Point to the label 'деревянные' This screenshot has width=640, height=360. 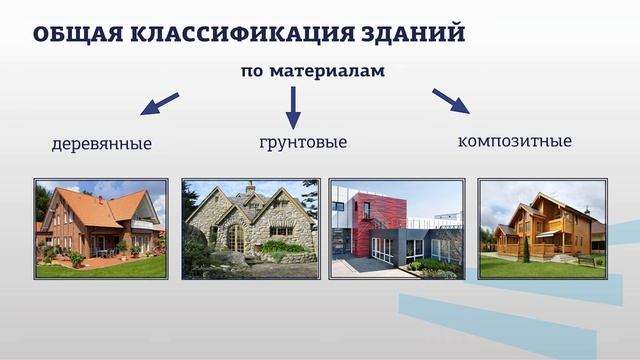[101, 144]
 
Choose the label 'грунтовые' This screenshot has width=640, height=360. [303, 143]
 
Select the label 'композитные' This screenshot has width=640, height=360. [515, 141]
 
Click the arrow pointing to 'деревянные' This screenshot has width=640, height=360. [159, 103]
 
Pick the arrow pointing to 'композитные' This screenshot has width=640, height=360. [451, 101]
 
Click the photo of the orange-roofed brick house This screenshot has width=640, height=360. [101, 229]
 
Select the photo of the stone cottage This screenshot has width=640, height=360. [250, 229]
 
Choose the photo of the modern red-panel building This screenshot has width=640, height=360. [397, 229]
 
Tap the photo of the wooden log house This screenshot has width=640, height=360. [542, 229]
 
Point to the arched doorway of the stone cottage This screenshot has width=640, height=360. [235, 239]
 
